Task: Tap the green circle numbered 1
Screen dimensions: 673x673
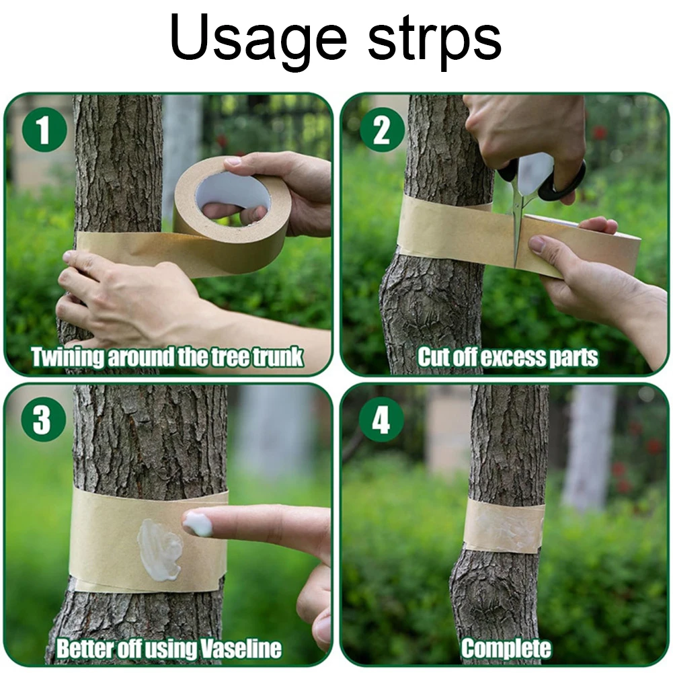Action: point(44,129)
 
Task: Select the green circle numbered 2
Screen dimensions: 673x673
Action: point(382,130)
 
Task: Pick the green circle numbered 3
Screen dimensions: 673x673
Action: point(44,420)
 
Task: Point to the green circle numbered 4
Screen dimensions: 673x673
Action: point(381,420)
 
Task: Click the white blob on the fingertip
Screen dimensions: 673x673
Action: point(198,524)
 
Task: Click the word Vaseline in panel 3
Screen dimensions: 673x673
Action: point(241,649)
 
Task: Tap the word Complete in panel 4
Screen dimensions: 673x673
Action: point(506,649)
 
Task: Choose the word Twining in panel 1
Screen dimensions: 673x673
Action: point(67,357)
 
